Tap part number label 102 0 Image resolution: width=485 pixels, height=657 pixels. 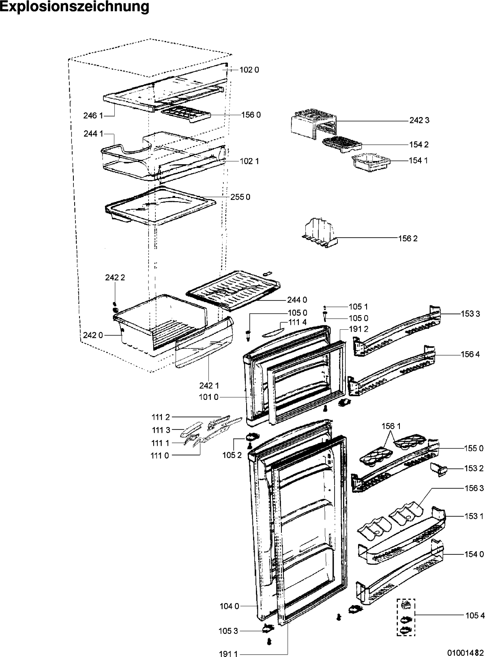pos(249,70)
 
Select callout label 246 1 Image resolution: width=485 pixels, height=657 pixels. pos(93,116)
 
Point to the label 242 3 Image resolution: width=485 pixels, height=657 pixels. pos(419,120)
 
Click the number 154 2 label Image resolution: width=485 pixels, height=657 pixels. pos(418,145)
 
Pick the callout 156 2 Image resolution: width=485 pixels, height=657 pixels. pos(408,238)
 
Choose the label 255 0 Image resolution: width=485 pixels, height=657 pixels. pos(240,197)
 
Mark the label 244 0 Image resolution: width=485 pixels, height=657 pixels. pos(297,300)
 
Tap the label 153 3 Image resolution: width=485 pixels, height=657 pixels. pos(470,313)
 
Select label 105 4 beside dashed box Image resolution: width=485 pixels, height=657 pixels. pos(475,616)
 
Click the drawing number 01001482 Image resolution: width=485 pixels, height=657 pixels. pos(466,653)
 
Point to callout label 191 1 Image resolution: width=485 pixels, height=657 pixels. pos(228,654)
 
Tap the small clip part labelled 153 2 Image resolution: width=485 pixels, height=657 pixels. pos(438,469)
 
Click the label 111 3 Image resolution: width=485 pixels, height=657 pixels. pos(161,430)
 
